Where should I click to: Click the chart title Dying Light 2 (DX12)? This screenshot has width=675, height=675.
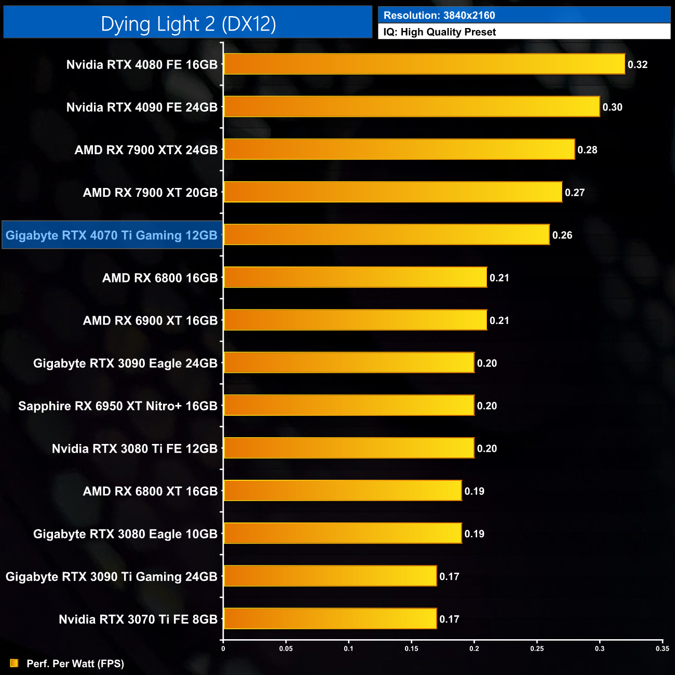point(188,24)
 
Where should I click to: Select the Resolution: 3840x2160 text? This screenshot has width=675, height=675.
point(439,16)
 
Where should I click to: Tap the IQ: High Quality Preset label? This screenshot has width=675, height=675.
point(439,32)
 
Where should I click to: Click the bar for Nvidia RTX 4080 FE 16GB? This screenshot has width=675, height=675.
point(424,64)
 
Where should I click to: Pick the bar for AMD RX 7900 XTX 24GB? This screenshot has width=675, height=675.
point(399,150)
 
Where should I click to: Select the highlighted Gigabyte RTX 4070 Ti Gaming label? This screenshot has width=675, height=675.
point(112,235)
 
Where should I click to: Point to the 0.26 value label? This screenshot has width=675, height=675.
point(562,235)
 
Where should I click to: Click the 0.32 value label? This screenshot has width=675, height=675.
point(638,64)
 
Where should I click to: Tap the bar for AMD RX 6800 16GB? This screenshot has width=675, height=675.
point(355,278)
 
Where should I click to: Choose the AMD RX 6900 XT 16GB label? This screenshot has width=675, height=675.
point(150,321)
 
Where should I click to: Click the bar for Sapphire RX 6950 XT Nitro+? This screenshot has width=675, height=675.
point(349,406)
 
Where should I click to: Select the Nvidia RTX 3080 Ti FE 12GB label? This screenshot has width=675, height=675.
point(134,449)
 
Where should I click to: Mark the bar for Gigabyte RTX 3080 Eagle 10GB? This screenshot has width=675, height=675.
point(343,534)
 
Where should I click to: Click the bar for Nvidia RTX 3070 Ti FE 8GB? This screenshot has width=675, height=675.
point(330,619)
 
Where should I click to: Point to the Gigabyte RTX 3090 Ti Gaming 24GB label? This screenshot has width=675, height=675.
point(111,577)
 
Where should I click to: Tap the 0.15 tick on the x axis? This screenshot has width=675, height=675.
point(411,649)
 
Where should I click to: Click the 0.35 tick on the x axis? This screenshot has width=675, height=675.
point(663,649)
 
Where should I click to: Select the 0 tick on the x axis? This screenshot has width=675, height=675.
point(223,649)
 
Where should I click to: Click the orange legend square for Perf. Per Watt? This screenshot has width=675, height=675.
point(14,664)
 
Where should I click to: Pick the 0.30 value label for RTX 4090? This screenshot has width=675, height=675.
point(612,107)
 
